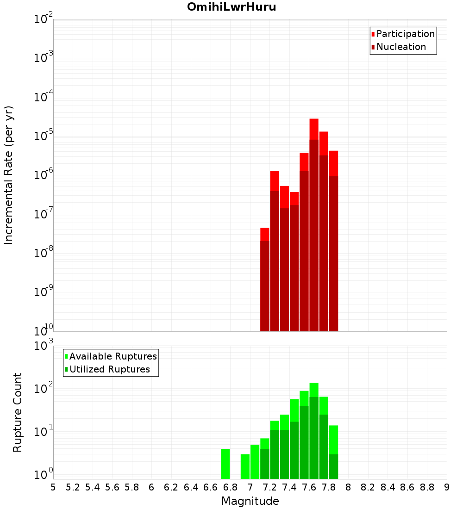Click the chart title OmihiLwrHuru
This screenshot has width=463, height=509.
[231, 7]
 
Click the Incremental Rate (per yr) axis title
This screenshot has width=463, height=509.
[9, 175]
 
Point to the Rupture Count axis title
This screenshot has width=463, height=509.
[18, 412]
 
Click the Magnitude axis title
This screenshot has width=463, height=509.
[250, 501]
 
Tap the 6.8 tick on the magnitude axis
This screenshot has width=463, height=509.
[230, 487]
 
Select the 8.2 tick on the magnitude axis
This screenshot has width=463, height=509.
[368, 487]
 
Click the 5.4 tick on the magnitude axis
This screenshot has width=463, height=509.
[93, 487]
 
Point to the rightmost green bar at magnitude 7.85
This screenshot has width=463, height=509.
[333, 453]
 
